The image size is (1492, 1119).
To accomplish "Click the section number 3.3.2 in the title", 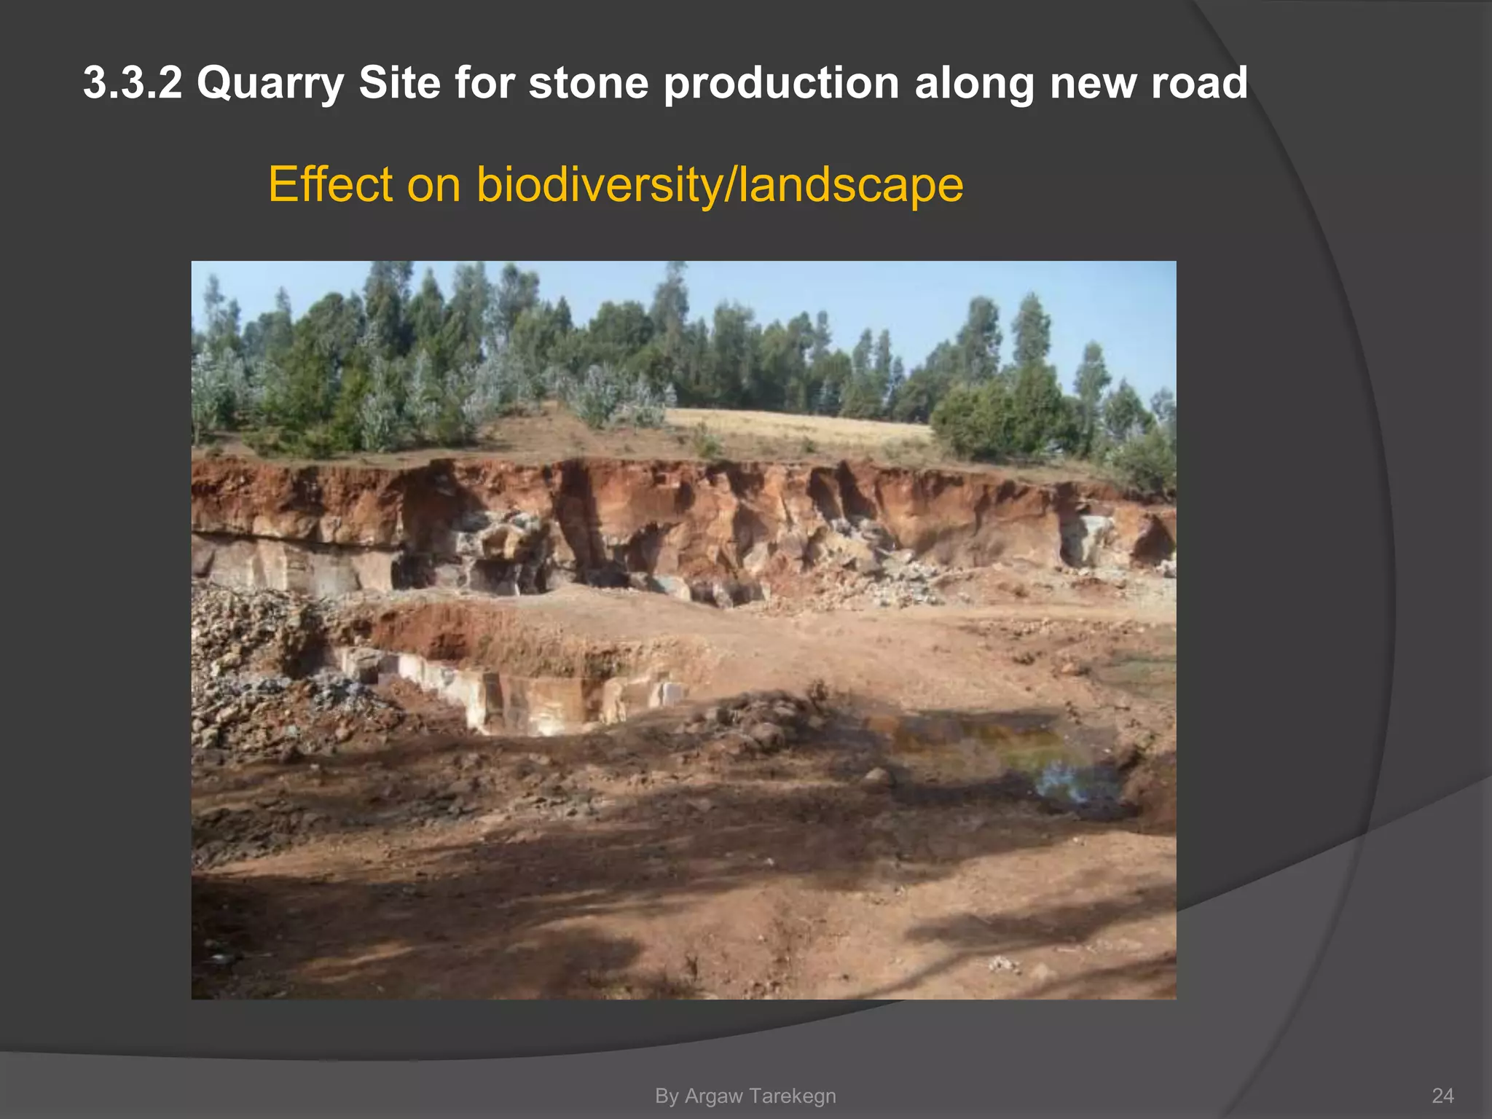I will coord(132,82).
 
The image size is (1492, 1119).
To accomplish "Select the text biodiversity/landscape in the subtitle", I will coord(720,185).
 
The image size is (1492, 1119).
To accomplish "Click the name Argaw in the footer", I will coord(713,1096).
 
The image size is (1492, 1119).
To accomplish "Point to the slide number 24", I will coord(1442,1096).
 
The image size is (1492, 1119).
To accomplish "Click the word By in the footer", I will coord(667,1096).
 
